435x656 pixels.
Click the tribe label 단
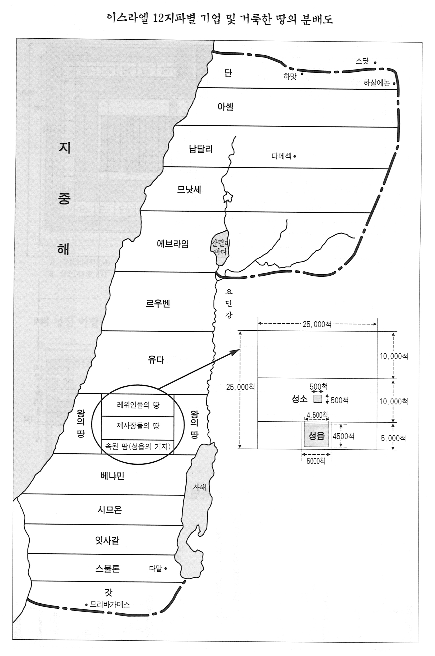click(x=228, y=73)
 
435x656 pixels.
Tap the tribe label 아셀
click(x=225, y=106)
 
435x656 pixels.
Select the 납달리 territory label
click(x=201, y=149)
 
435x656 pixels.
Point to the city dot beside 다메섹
click(x=295, y=156)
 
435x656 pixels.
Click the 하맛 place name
click(x=290, y=76)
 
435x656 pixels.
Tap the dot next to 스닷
click(x=375, y=63)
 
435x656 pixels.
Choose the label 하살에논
click(x=376, y=83)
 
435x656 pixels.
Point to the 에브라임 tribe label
click(x=173, y=244)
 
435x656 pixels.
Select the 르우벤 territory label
click(x=158, y=304)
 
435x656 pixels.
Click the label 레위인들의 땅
click(x=138, y=405)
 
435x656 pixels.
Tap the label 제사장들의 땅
click(x=138, y=426)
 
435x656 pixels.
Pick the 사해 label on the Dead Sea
click(x=199, y=495)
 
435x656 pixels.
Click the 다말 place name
click(x=155, y=568)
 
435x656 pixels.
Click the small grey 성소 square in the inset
click(x=318, y=399)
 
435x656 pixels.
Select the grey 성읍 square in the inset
click(x=317, y=436)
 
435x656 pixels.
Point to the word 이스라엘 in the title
click(x=128, y=19)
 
